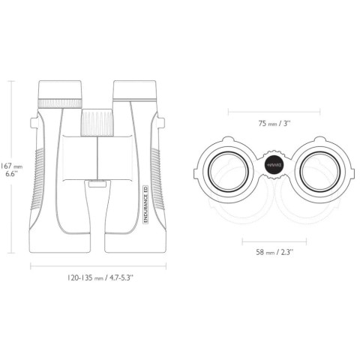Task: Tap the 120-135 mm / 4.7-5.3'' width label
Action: point(100,277)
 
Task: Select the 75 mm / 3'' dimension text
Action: point(274,123)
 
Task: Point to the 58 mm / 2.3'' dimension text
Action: point(274,252)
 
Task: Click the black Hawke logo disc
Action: point(274,165)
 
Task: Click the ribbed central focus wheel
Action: point(97,122)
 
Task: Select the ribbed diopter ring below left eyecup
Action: point(60,103)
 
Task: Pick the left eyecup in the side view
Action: point(60,89)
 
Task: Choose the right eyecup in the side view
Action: point(134,89)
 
